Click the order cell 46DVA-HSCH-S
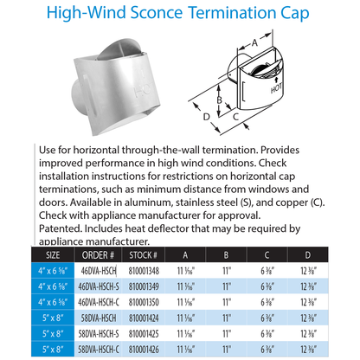(99, 287)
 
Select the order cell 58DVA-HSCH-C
(99, 350)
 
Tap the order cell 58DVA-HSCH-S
(99, 334)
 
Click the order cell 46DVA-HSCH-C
(99, 303)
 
